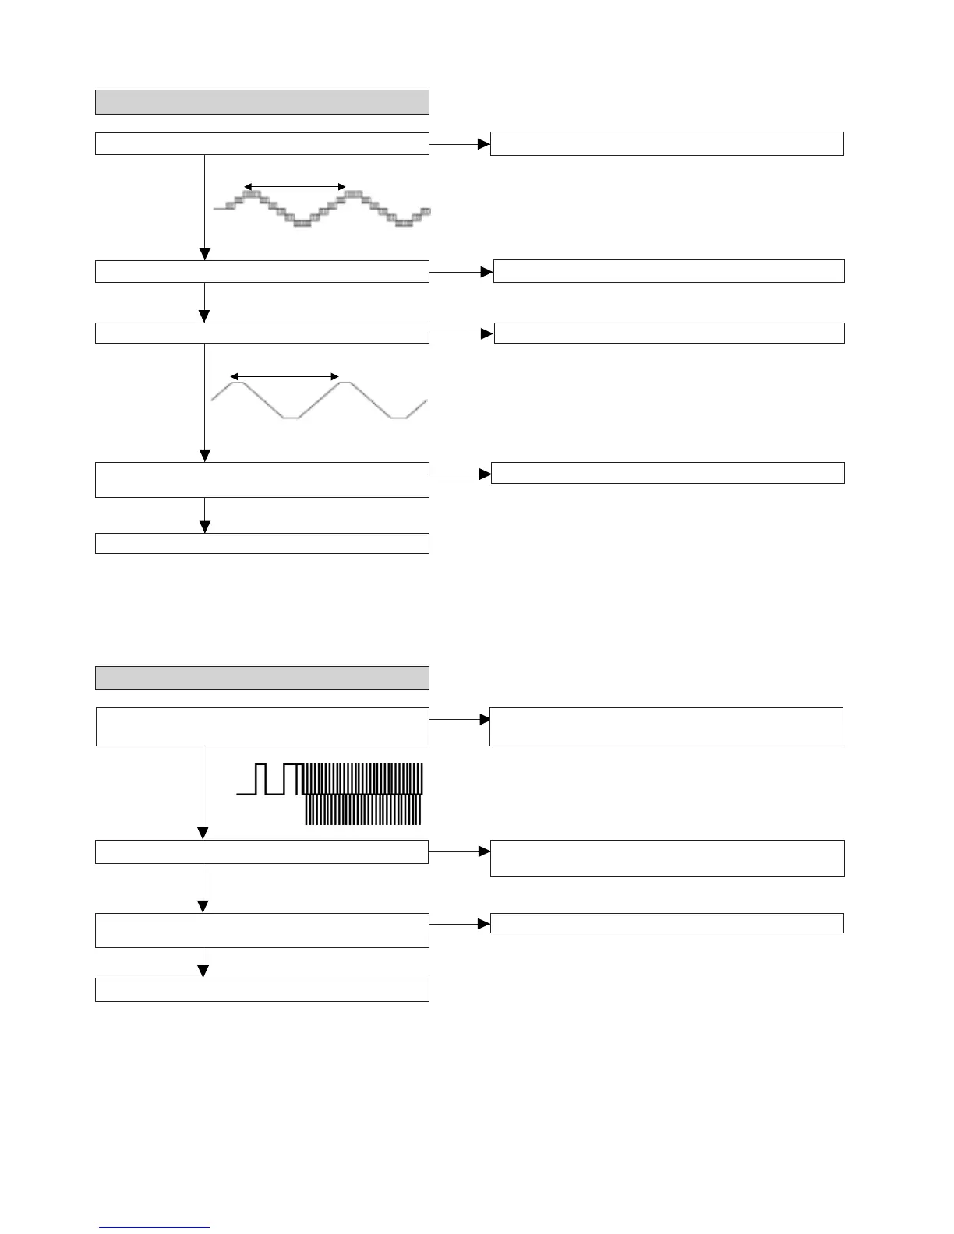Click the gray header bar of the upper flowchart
[262, 102]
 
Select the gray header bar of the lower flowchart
[262, 678]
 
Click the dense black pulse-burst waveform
[362, 795]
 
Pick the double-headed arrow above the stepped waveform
[295, 187]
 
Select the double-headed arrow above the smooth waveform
[284, 377]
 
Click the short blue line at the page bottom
[154, 1227]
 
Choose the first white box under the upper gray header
[262, 143]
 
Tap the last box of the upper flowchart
[262, 543]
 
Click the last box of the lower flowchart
[262, 989]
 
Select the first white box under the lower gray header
[262, 727]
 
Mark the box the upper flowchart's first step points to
[666, 143]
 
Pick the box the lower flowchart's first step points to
[666, 727]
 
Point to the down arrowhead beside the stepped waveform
[204, 254]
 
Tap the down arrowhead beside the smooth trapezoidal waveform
[204, 456]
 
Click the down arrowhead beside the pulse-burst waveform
[203, 834]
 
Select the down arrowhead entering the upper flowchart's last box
[204, 527]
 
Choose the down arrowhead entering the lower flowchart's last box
[203, 971]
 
